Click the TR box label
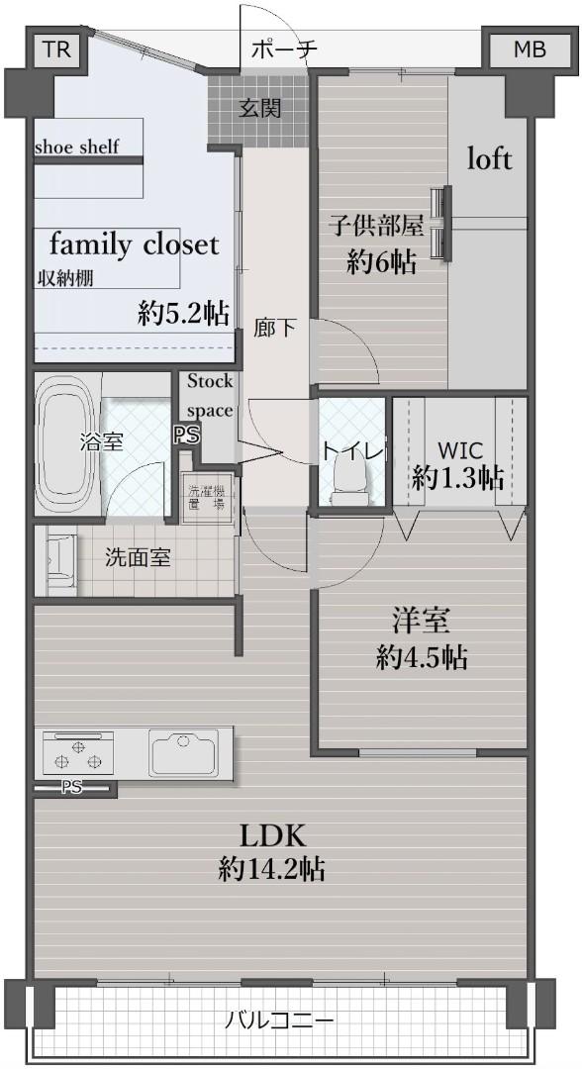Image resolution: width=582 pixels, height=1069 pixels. coord(57,50)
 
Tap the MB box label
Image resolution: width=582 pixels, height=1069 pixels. coord(529,50)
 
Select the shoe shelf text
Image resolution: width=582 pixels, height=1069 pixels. coord(76,147)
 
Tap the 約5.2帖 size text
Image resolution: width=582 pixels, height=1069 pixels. coord(184,314)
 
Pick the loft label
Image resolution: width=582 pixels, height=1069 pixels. coord(489,158)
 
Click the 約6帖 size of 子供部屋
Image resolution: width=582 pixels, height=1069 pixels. coord(381,262)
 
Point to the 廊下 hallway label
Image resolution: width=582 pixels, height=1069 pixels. coord(274,328)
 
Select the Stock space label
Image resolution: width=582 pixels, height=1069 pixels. coord(210,395)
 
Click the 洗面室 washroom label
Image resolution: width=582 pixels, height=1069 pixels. coord(138,557)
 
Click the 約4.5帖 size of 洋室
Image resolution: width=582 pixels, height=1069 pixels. coord(422,656)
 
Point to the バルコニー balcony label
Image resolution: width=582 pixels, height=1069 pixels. coord(280,1020)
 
